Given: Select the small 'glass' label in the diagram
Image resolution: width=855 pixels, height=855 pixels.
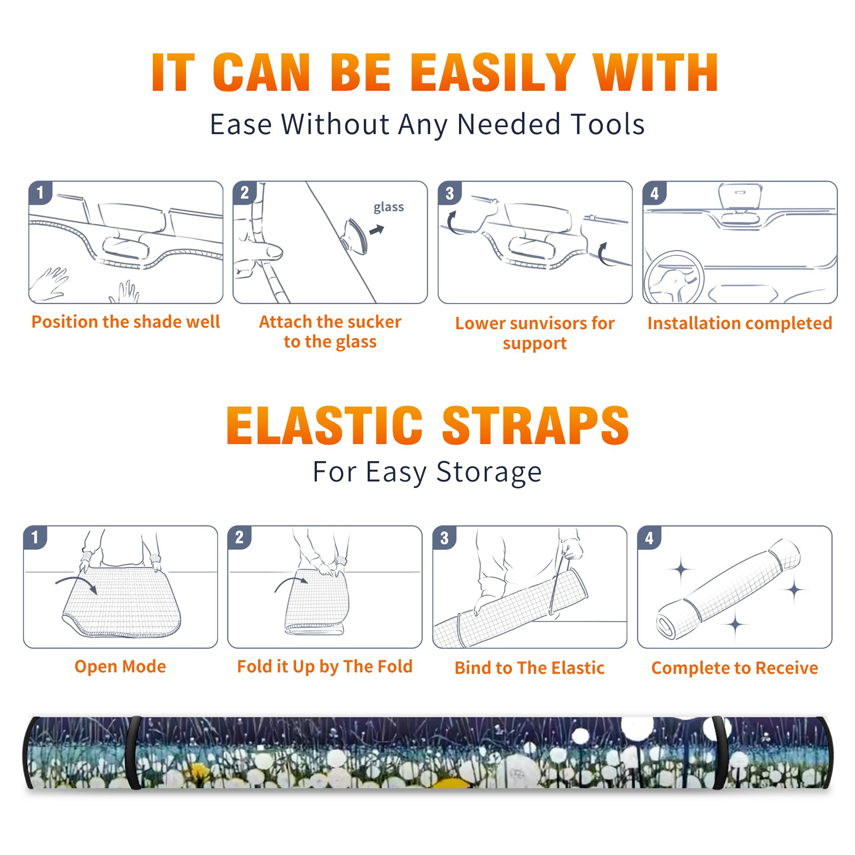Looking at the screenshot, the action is point(388,207).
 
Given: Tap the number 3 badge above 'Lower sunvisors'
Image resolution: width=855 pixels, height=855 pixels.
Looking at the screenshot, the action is point(449,193).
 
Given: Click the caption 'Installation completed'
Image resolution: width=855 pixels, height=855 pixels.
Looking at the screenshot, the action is point(740,323).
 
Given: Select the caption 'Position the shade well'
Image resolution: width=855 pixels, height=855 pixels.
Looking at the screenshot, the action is point(126,322).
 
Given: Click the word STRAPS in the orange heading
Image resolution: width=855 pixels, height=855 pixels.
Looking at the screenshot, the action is point(535,425).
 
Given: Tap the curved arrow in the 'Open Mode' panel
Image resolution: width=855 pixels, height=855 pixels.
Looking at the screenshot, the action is point(76,583).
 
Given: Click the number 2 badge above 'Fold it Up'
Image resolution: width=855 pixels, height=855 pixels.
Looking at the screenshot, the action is point(239,537).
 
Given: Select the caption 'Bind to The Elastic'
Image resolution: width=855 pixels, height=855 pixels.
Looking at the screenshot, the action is point(529,668).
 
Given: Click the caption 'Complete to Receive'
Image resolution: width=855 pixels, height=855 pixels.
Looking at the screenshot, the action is point(735,668).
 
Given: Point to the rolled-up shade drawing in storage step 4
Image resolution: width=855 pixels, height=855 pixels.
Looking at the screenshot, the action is point(728,588).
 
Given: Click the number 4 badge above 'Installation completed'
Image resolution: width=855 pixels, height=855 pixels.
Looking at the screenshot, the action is point(655,193).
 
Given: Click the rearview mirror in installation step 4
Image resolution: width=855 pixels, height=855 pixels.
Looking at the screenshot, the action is point(740,203).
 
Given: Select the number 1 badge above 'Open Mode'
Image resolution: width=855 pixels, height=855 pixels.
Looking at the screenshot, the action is point(35,537).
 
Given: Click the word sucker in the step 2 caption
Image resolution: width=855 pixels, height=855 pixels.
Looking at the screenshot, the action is point(374,322).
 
